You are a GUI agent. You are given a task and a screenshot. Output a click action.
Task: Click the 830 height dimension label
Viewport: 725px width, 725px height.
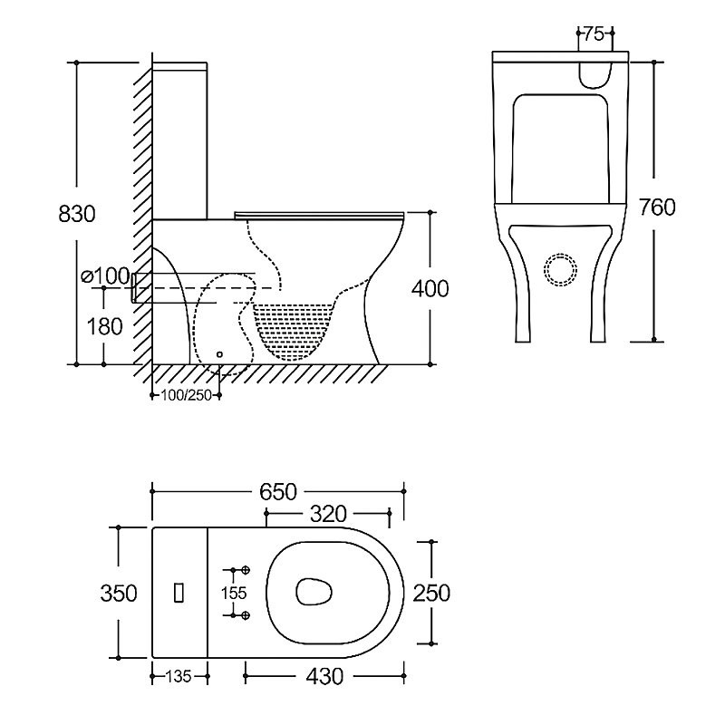pos(76,215)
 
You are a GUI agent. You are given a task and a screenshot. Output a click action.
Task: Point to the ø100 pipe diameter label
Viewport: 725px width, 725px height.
pos(102,275)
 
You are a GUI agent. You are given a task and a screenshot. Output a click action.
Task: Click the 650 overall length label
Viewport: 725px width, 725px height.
pos(279,491)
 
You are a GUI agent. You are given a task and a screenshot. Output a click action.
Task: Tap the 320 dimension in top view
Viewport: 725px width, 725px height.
pos(328,515)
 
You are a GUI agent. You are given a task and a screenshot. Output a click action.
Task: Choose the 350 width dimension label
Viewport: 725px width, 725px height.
pos(120,593)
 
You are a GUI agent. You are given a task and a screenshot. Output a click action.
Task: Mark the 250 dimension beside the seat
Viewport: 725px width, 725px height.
pos(431,593)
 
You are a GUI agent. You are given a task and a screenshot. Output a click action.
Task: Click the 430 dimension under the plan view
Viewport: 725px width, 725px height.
pos(324,675)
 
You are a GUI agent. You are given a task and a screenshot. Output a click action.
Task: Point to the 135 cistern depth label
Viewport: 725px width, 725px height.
pos(179,675)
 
